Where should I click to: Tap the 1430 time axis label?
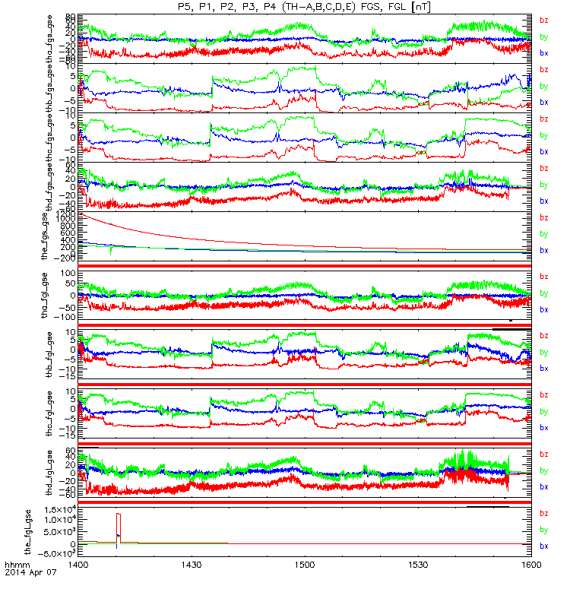(191, 565)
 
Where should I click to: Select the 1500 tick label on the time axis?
(304, 565)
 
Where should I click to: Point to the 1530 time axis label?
(417, 565)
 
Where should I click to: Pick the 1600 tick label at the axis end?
(530, 565)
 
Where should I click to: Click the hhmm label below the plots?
(15, 565)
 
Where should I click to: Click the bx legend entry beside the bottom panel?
(543, 546)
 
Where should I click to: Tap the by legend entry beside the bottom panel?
(543, 530)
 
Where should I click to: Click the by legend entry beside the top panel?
(543, 36)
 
